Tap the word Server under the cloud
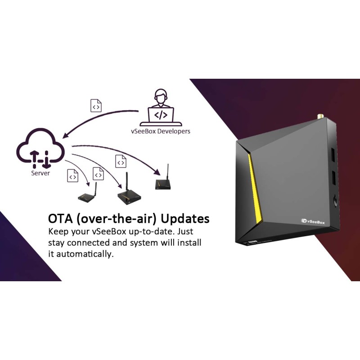[x=40, y=173]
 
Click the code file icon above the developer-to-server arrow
[x=96, y=106]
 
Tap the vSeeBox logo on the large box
[x=315, y=220]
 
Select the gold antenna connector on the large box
[x=320, y=116]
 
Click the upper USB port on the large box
[x=333, y=155]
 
